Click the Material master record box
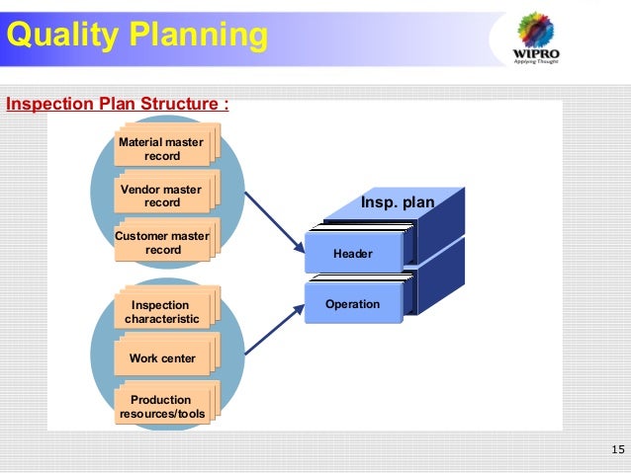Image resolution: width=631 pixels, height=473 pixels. click(162, 149)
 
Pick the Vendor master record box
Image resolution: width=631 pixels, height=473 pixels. click(162, 196)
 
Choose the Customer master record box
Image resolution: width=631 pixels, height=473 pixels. click(162, 243)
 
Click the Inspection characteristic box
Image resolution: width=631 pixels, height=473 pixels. click(162, 312)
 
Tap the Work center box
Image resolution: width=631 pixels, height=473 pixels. click(162, 358)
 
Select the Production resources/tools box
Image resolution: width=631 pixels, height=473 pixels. click(162, 406)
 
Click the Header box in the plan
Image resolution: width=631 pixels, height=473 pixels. click(353, 254)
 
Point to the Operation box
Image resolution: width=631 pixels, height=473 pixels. click(353, 304)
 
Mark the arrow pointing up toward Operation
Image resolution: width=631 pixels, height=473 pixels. click(273, 330)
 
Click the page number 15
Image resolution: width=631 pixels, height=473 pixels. click(618, 451)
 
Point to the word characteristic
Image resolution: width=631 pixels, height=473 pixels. click(162, 319)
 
